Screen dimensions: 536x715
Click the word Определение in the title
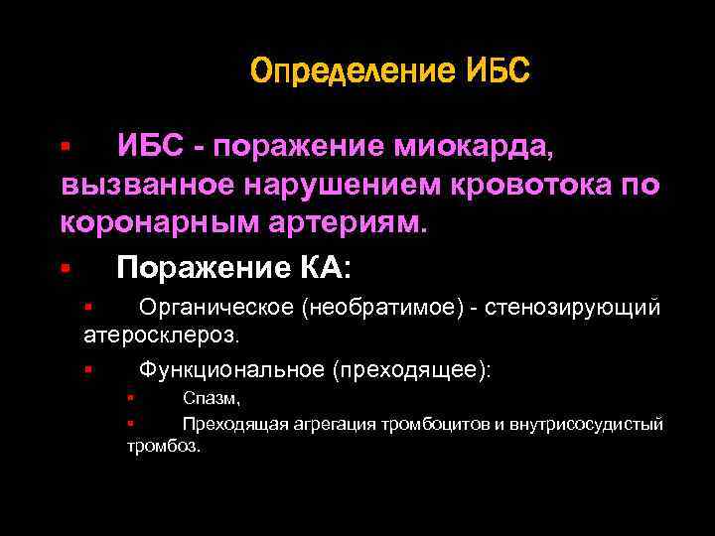353,70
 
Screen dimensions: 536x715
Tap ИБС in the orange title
498,70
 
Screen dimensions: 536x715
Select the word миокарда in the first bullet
477,147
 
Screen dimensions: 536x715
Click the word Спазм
211,398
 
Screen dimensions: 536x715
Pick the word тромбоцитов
443,424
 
